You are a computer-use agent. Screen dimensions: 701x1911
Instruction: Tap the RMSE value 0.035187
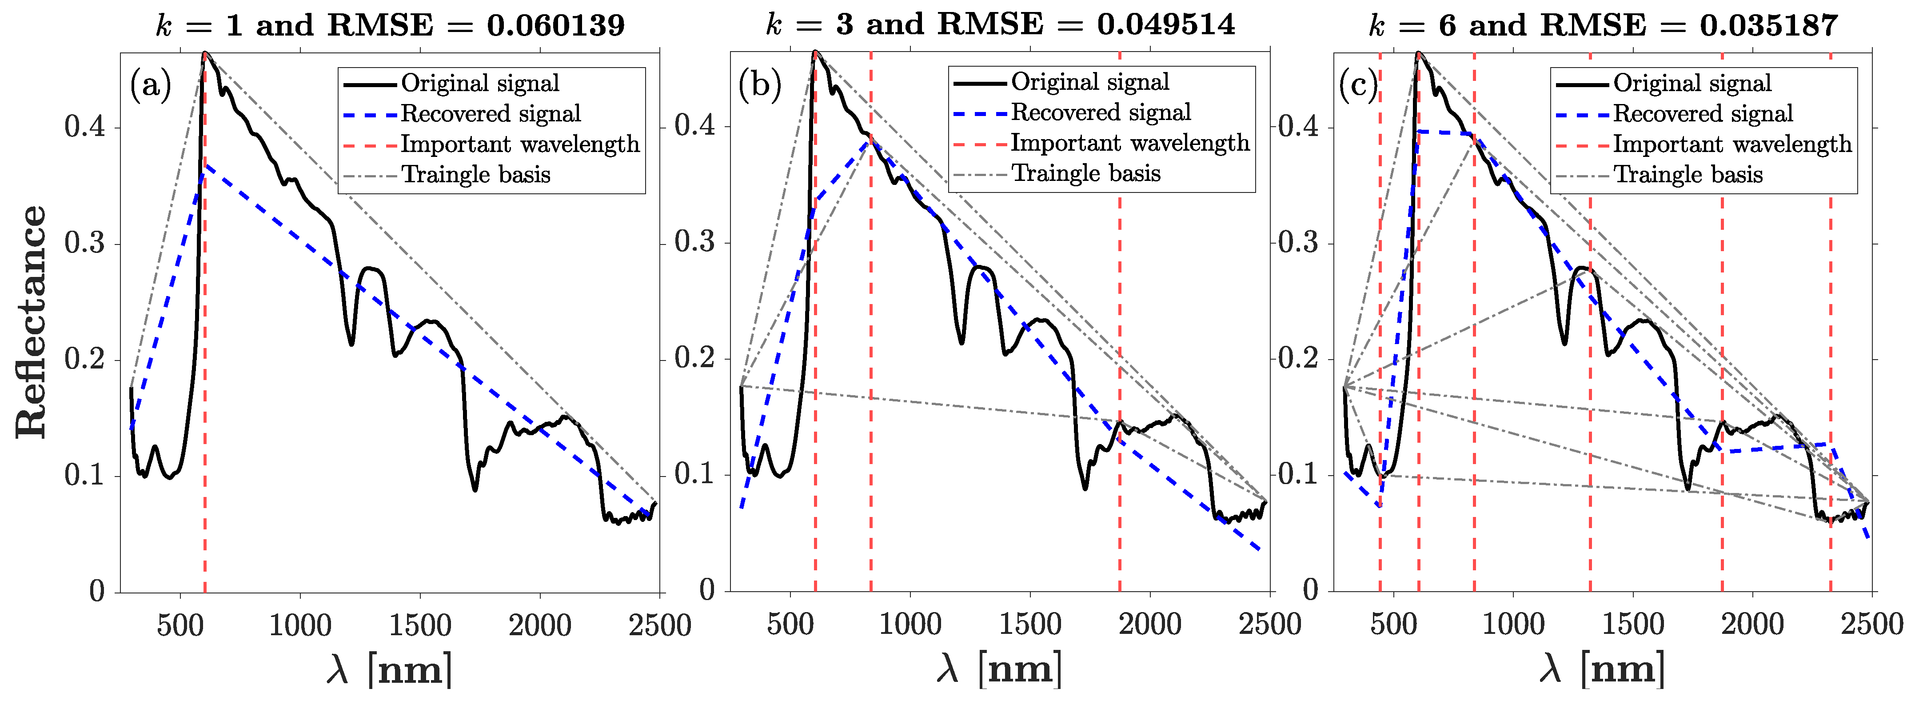pyautogui.click(x=1768, y=25)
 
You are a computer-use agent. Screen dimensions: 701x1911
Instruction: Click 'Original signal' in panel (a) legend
pyautogui.click(x=480, y=83)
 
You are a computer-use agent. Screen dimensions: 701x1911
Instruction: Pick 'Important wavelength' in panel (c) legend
pyautogui.click(x=1732, y=144)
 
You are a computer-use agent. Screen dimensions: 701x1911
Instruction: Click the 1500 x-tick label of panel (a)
pyautogui.click(x=420, y=625)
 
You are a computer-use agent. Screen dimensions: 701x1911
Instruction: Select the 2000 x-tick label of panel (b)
pyautogui.click(x=1150, y=624)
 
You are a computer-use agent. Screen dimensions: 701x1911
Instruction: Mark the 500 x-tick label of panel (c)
pyautogui.click(x=1393, y=624)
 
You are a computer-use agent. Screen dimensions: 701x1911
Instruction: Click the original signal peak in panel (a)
pyautogui.click(x=205, y=53)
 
